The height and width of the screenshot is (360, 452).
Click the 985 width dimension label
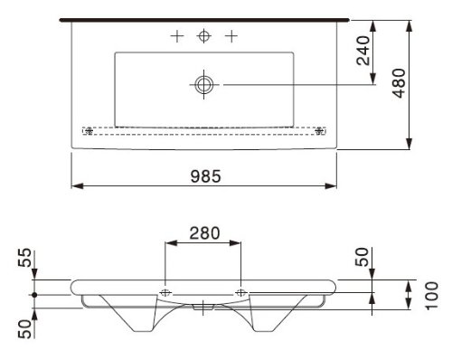206,176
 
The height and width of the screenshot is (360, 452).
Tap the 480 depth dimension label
399,83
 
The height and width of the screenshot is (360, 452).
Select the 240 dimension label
363,51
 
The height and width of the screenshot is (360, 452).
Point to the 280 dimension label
204,233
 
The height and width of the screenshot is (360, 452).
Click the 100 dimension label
432,296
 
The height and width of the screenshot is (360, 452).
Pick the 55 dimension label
24,258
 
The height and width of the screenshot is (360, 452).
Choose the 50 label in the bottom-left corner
24,329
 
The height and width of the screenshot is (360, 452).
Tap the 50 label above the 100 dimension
362,257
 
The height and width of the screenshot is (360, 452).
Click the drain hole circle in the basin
204,84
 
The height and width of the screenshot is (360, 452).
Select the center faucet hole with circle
204,36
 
